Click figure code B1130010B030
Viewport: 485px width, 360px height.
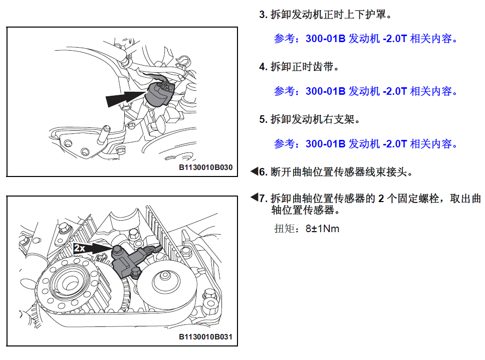[x=206, y=167]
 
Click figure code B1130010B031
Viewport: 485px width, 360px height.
[x=206, y=337]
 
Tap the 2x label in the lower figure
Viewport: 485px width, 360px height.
[x=80, y=248]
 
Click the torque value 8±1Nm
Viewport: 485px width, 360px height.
[x=322, y=229]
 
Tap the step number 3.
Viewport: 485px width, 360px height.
[x=263, y=15]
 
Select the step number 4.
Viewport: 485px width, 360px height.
[x=263, y=67]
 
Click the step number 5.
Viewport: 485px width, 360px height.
[x=263, y=119]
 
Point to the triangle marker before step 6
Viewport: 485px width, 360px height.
[x=254, y=171]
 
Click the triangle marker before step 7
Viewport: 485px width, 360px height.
[x=254, y=197]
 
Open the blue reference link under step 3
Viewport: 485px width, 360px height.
[x=366, y=39]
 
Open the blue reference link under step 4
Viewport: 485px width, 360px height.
[x=366, y=91]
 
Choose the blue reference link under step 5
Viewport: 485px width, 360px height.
[x=366, y=144]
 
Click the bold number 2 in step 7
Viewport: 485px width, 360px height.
[x=381, y=199]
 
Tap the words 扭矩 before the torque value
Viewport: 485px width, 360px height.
[x=284, y=229]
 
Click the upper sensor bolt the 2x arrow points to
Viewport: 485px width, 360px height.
[x=117, y=250]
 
